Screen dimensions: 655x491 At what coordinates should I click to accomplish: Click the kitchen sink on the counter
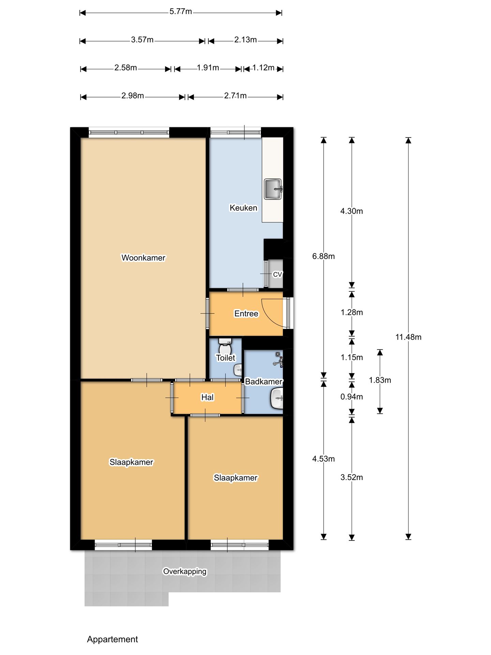point(273,189)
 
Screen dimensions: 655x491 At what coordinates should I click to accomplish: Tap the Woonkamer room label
point(143,258)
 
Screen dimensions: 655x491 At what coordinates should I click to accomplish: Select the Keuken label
point(243,208)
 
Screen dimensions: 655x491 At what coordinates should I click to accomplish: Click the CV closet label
point(277,274)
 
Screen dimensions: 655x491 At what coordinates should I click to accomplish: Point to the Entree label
point(246,314)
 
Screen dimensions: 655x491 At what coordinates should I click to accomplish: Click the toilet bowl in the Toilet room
point(225,348)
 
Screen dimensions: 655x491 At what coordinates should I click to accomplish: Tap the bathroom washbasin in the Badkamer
point(277,398)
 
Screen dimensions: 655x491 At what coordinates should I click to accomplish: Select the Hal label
point(207,397)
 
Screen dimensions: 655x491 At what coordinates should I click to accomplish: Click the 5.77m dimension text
point(181,12)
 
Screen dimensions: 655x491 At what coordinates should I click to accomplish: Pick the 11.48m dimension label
point(408,337)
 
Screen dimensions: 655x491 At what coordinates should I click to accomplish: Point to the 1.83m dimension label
point(380,380)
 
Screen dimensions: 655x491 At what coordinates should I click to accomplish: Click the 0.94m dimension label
point(352,396)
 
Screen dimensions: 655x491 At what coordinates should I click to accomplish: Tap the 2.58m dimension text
point(125,68)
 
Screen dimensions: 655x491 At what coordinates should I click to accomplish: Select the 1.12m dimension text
point(263,68)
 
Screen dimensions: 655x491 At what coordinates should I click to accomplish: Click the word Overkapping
point(184,571)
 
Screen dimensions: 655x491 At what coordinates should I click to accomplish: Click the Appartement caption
point(112,639)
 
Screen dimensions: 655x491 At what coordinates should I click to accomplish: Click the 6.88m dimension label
point(323,256)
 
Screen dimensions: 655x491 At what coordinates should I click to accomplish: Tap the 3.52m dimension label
point(352,477)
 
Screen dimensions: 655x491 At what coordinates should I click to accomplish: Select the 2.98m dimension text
point(133,96)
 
